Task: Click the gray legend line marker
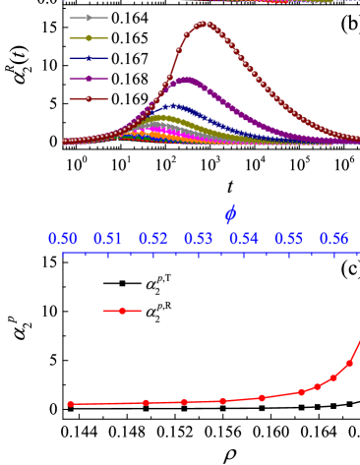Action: [89, 18]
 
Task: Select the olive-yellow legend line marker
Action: [89, 38]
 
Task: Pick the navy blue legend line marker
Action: [89, 59]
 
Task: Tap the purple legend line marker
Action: [89, 79]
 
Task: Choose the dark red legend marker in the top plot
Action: [89, 98]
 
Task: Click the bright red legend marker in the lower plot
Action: [122, 311]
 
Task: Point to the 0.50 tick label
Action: [63, 239]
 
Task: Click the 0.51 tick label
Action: [108, 239]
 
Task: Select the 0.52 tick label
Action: [153, 239]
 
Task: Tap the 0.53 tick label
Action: [199, 239]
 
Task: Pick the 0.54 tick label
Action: [244, 239]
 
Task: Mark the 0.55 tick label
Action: [289, 239]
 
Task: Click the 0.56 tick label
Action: [333, 239]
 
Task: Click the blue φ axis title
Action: [230, 214]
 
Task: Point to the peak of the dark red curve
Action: [205, 24]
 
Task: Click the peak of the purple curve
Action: [187, 78]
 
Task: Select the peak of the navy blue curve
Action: [174, 104]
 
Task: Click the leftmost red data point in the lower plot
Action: [71, 404]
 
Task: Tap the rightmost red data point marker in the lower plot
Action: [349, 363]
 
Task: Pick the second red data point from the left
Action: [146, 402]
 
